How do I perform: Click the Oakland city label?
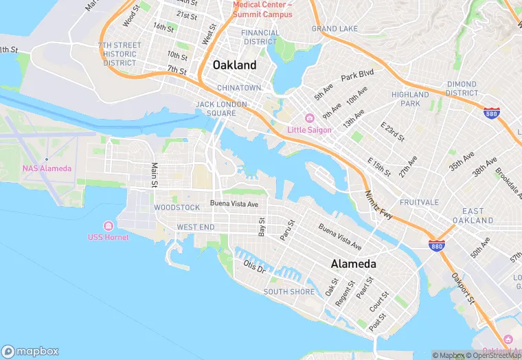click(x=234, y=65)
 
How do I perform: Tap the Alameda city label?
click(x=353, y=264)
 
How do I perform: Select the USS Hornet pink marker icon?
click(x=108, y=226)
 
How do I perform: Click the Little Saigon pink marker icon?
click(x=310, y=119)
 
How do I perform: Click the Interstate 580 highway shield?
click(x=490, y=114)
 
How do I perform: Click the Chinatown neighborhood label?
click(x=239, y=88)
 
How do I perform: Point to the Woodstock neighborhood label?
click(x=177, y=207)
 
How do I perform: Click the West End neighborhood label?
click(x=196, y=227)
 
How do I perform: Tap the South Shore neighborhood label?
click(x=289, y=291)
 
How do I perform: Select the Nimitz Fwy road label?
click(x=378, y=205)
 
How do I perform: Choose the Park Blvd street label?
click(x=356, y=74)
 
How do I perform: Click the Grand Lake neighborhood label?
click(x=334, y=29)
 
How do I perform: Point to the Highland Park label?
click(x=410, y=99)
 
